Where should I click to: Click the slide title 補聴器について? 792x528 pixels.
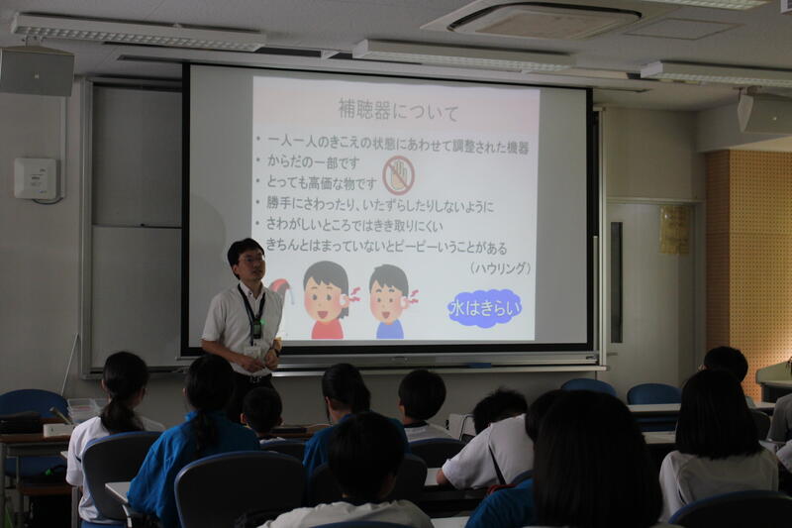398,111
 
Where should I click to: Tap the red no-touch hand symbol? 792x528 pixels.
399,175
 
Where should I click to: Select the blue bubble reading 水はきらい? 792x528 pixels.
485,308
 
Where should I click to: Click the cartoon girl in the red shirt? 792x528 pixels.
329,300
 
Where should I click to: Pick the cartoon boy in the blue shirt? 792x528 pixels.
391,301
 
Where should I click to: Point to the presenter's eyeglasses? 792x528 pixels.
251,260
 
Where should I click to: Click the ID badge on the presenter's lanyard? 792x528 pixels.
252,352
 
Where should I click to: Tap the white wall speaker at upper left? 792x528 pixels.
37,70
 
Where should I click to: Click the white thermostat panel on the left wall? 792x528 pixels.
37,179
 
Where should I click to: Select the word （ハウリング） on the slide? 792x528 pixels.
500,267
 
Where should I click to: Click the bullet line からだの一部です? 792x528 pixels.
313,162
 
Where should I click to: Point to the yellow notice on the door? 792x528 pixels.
674,230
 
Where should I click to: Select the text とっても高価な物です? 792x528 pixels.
321,183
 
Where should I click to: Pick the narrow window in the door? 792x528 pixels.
616,282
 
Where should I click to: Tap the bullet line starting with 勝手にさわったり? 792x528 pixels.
380,206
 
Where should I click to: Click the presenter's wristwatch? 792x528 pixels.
276,350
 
